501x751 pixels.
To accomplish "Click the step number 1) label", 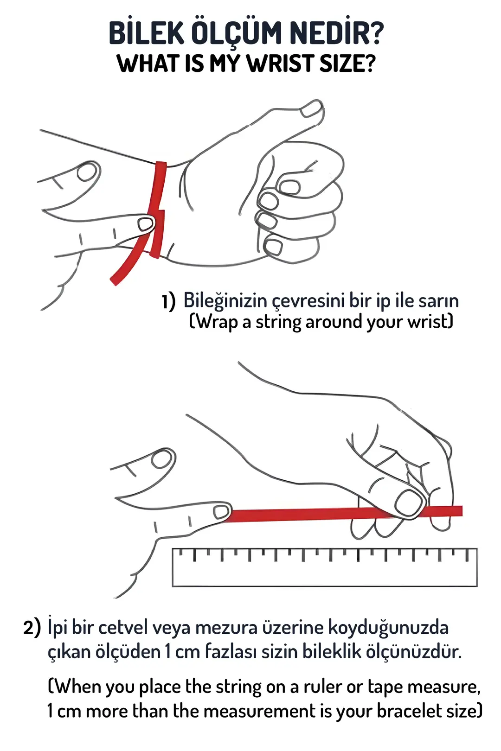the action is [168, 301].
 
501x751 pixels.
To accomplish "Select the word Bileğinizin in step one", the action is [225, 300].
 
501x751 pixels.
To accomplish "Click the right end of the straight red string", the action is [462, 510].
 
